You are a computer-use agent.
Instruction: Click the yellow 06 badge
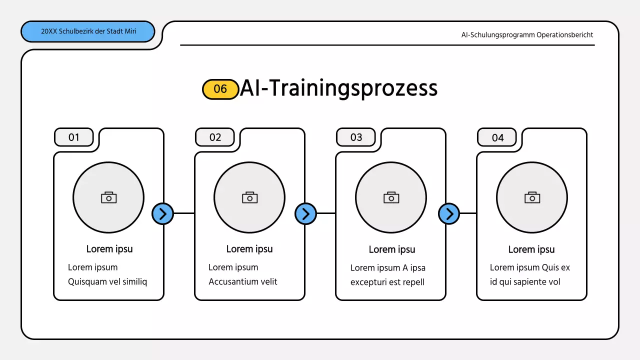(x=220, y=89)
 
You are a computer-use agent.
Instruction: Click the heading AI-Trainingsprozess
(x=338, y=88)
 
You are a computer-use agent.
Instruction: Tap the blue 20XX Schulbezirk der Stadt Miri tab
(x=88, y=31)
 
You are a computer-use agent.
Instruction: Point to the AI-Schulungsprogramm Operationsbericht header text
(x=527, y=35)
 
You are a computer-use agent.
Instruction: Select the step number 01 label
(x=74, y=137)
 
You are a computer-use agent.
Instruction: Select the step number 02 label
(x=215, y=137)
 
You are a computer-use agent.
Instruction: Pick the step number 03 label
(x=356, y=137)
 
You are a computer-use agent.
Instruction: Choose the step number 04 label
(x=497, y=138)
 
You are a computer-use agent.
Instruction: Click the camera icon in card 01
(x=108, y=197)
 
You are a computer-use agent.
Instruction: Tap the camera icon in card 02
(x=249, y=197)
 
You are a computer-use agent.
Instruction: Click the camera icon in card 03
(x=391, y=197)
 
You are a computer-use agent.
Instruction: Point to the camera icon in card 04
(x=532, y=197)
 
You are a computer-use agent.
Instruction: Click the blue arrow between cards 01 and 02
(x=162, y=214)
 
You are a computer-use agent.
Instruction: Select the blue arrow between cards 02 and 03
(x=305, y=214)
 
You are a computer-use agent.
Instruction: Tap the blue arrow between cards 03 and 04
(x=449, y=214)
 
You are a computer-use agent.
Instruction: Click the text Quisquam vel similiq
(x=107, y=281)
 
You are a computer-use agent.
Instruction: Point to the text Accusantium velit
(x=242, y=281)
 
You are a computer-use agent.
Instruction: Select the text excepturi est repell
(x=387, y=282)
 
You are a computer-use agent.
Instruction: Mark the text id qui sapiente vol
(x=525, y=282)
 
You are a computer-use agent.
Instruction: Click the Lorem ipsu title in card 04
(x=531, y=249)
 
